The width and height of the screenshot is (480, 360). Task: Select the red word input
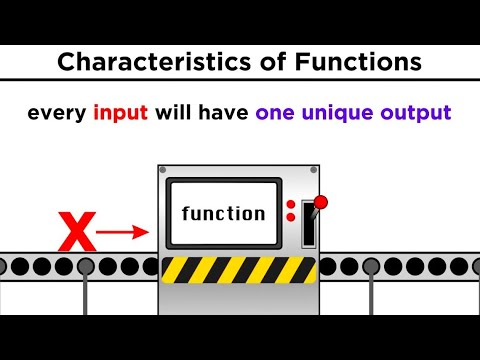point(121,113)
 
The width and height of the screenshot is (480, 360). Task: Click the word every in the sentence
point(56,113)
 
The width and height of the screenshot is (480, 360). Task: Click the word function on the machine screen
point(224,213)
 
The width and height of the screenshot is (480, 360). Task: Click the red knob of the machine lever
point(320,203)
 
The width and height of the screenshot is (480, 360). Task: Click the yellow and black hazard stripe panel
point(239,269)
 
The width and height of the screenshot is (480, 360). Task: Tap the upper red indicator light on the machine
point(291,205)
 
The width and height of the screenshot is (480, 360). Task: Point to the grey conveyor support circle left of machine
point(86,267)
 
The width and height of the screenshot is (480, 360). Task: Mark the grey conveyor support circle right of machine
point(371,267)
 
